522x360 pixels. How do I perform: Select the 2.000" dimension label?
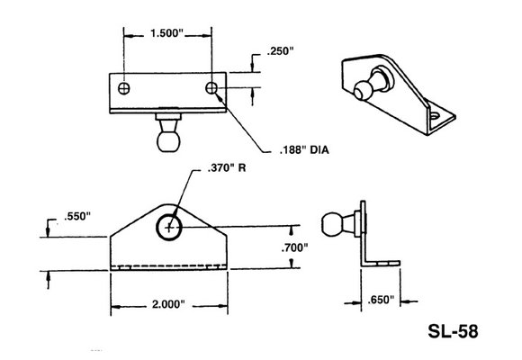tap(168, 306)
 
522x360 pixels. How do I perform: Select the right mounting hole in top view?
tap(211, 88)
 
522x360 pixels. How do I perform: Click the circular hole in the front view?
tap(168, 229)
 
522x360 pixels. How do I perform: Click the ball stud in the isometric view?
tap(363, 91)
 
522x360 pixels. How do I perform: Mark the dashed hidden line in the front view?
tap(168, 266)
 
